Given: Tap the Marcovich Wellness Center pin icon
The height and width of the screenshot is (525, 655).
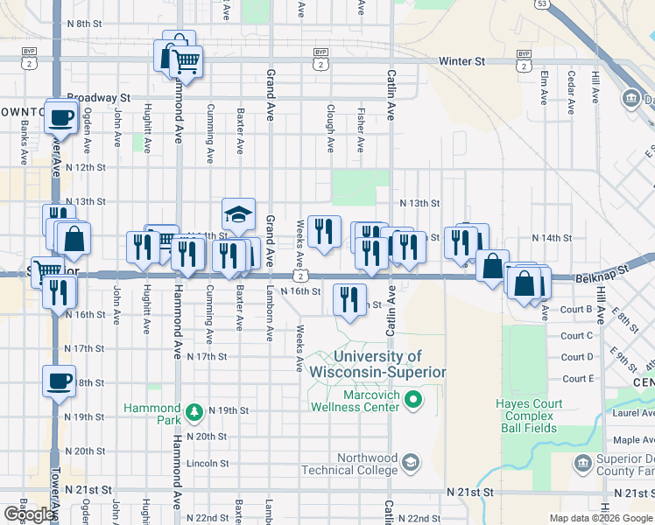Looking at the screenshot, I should coord(416,402).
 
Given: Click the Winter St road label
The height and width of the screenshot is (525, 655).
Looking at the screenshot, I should coord(461,62).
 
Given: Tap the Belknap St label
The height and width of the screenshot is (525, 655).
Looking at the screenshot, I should coord(603,276).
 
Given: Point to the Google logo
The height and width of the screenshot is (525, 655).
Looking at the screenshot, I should coord(30,514).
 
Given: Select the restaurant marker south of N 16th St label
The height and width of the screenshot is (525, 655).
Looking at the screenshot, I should coord(350,300).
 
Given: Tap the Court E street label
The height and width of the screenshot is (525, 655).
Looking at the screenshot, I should coord(578,379).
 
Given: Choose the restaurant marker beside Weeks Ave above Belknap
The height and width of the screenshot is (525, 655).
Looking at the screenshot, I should coord(324,232).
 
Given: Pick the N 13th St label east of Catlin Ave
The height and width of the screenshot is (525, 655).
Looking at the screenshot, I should coord(419,203).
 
